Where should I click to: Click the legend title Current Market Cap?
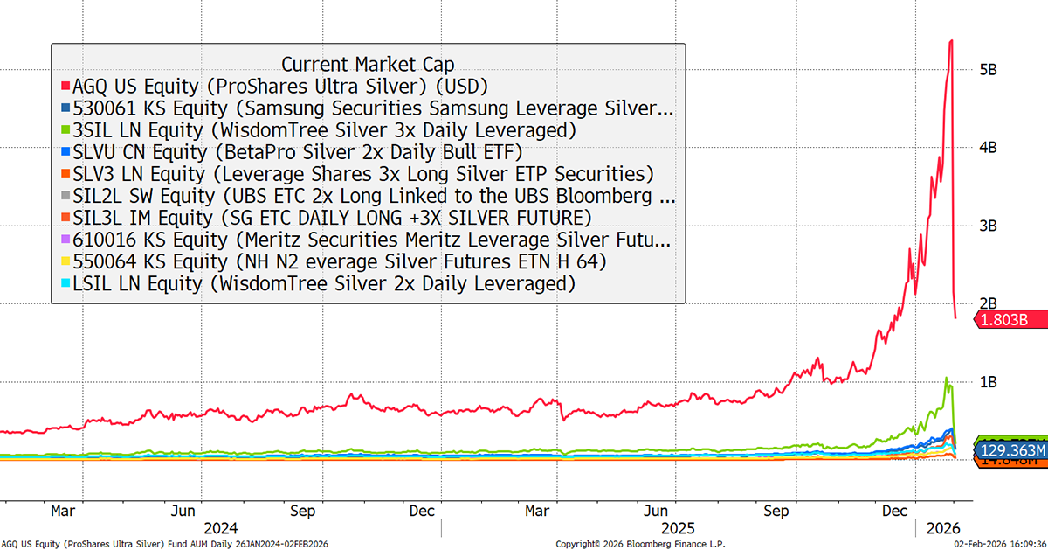(x=368, y=64)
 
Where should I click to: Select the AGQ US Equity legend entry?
(x=279, y=86)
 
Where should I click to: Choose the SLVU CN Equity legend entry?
(x=298, y=152)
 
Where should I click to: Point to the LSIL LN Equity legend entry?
(x=324, y=283)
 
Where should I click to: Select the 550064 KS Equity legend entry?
(x=340, y=261)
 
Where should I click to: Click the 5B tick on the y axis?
(x=988, y=69)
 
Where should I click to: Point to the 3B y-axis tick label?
(x=988, y=226)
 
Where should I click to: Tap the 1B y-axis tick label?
(x=988, y=382)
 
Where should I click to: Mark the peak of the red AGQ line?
(x=950, y=41)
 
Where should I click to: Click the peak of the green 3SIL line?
(x=946, y=379)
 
